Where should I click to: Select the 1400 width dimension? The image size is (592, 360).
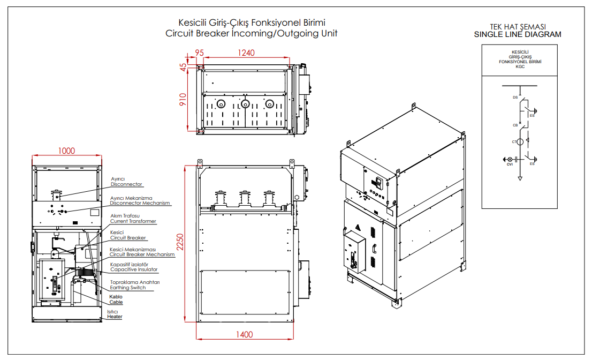[x=244, y=335]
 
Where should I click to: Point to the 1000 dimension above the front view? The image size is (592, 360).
[x=66, y=151]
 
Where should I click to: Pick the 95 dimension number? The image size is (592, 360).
[x=199, y=52]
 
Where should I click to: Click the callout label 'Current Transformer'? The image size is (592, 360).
[x=133, y=221]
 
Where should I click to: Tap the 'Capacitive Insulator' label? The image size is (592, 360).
[x=134, y=269]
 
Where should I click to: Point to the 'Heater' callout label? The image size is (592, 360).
[x=115, y=317]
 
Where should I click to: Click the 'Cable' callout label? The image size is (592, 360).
[x=116, y=302]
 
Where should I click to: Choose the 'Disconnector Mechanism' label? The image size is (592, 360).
[x=140, y=203]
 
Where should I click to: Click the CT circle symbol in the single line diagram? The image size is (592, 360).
[x=520, y=142]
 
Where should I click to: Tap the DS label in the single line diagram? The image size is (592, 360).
[x=515, y=97]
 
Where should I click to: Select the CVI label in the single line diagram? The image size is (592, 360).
[x=510, y=164]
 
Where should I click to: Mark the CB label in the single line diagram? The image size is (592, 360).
[x=515, y=125]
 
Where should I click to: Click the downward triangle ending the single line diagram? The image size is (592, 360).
[x=520, y=177]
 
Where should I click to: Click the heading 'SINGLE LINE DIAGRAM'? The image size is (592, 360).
[x=518, y=34]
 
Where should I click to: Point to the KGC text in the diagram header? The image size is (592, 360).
[x=520, y=66]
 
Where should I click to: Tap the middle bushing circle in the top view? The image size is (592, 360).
[x=245, y=103]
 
